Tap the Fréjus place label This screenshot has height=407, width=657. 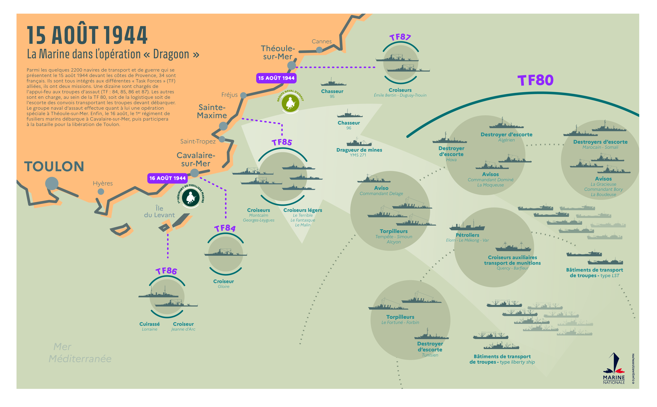pyautogui.click(x=229, y=95)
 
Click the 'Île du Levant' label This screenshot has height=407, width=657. pyautogui.click(x=159, y=212)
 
